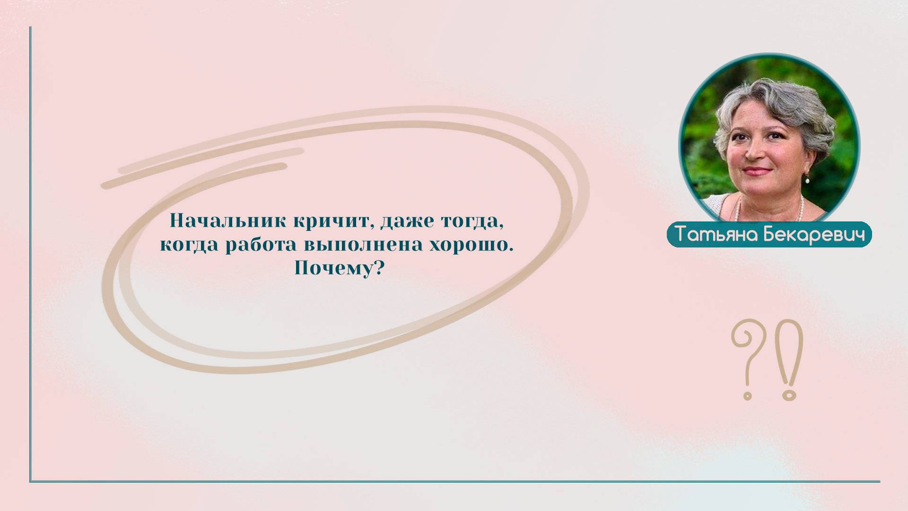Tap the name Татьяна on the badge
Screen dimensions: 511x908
(x=715, y=235)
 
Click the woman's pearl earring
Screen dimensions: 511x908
(x=807, y=179)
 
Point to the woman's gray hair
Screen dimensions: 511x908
(x=780, y=99)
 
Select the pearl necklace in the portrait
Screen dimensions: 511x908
(x=799, y=208)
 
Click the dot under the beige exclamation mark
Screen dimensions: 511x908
(x=789, y=394)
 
